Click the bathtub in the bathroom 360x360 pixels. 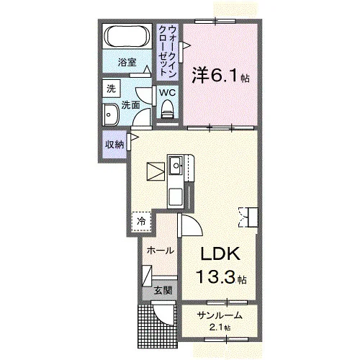point(127,36)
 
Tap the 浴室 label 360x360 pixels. point(127,63)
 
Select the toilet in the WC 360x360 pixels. point(168,109)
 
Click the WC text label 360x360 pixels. point(168,93)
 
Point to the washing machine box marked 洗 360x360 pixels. point(111,89)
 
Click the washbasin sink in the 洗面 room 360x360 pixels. point(111,115)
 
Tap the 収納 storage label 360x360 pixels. point(114,145)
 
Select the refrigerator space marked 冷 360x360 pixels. point(141,222)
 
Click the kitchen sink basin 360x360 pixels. point(176,165)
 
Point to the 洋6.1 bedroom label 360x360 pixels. point(220,75)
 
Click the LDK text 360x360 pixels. point(220,253)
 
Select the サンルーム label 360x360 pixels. point(220,315)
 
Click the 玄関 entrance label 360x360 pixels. point(163,291)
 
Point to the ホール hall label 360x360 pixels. point(160,251)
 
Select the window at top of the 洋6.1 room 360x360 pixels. point(215,22)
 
